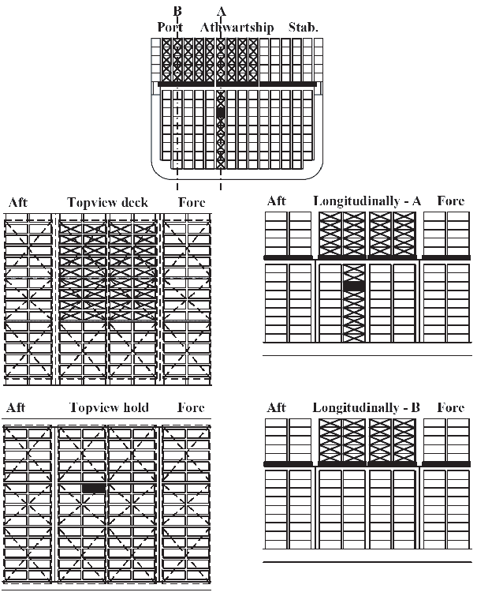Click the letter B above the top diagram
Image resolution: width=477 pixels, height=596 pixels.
(177, 10)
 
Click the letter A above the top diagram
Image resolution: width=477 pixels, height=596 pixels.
(222, 11)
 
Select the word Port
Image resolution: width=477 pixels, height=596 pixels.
(170, 27)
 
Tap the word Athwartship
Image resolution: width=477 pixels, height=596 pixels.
(237, 28)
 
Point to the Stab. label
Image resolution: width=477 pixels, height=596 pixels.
(303, 27)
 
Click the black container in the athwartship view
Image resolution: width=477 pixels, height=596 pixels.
(221, 113)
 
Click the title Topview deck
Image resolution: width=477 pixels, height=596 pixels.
(107, 202)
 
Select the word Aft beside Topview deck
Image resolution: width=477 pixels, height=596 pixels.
(18, 202)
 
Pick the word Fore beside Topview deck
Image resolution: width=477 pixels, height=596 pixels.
(192, 202)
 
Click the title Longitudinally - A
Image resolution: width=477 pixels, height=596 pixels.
(367, 201)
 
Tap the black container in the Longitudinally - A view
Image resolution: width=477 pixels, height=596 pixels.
(353, 286)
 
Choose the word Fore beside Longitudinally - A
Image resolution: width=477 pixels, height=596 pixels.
(451, 201)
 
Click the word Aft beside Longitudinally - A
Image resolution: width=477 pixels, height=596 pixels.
(277, 201)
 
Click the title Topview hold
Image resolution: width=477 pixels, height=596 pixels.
(109, 407)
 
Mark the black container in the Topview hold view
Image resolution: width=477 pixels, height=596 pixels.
(94, 488)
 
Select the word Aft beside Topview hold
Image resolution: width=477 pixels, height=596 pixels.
(16, 407)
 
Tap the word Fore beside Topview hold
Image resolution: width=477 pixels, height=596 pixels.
(191, 407)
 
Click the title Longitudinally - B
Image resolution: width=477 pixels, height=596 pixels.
(367, 407)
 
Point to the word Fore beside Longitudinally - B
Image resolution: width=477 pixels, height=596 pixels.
(451, 407)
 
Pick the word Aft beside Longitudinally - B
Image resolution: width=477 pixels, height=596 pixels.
(277, 407)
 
